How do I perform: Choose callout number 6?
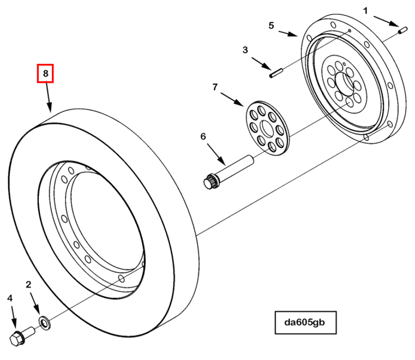(x=203, y=136)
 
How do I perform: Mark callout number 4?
(x=9, y=298)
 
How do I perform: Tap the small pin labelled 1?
(x=404, y=31)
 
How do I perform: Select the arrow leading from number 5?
(x=287, y=34)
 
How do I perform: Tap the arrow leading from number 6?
(x=216, y=152)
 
